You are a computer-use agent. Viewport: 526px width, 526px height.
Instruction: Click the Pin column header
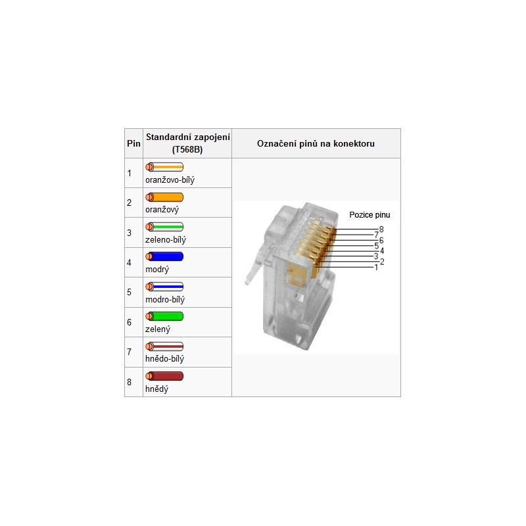[x=133, y=143]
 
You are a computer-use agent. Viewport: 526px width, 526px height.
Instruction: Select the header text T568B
[x=187, y=150]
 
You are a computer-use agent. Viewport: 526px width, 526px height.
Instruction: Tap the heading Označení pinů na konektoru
[x=316, y=143]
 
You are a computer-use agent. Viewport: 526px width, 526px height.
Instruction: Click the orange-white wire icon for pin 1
[x=164, y=167]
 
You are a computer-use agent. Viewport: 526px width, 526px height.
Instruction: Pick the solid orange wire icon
[x=164, y=197]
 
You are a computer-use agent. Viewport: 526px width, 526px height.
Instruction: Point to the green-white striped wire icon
[x=164, y=227]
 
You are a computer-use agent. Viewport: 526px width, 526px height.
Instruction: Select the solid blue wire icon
[x=164, y=256]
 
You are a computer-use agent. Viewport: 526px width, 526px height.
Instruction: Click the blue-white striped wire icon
[x=164, y=287]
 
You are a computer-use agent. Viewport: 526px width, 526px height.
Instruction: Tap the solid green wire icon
[x=164, y=316]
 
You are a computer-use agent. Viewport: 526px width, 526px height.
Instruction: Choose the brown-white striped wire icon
[x=164, y=347]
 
